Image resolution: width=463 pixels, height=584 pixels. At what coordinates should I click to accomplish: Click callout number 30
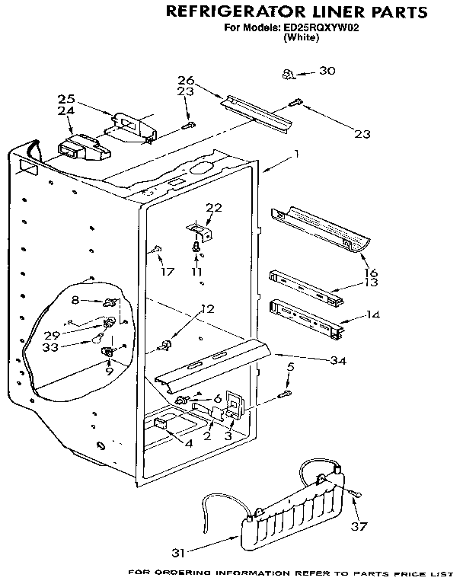(327, 71)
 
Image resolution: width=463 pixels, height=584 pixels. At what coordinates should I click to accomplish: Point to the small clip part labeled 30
(288, 74)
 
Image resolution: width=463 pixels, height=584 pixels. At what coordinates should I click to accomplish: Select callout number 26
(187, 80)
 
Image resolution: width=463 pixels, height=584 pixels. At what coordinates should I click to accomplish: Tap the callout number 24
(65, 110)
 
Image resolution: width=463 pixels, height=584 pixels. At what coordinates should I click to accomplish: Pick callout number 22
(214, 208)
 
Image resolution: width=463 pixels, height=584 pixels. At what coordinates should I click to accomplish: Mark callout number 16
(372, 273)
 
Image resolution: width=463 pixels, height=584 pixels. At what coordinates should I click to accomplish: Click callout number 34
(337, 360)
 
